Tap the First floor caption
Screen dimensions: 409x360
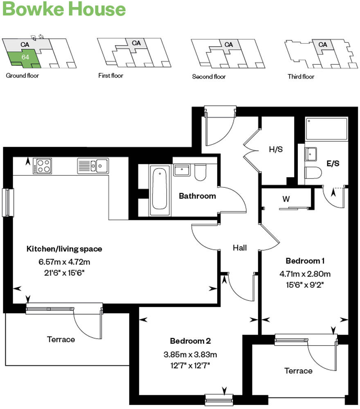coord(110,76)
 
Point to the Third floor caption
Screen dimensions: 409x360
coord(301,76)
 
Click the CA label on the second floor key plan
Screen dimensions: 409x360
coord(228,45)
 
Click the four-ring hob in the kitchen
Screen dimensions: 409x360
coord(43,166)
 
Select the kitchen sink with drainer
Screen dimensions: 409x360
coord(93,166)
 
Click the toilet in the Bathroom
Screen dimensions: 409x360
coord(200,173)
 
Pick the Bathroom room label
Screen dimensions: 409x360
coord(197,196)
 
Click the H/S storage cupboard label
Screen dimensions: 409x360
coord(275,150)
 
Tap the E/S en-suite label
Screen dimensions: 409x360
coord(333,163)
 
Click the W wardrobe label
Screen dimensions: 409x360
coord(286,200)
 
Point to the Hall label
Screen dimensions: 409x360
coord(240,247)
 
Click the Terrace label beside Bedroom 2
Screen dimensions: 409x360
coord(298,371)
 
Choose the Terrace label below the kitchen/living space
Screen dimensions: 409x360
coord(61,339)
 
